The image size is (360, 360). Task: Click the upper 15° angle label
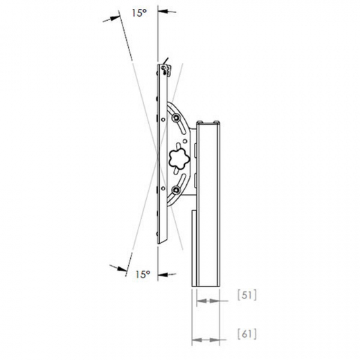(139, 13)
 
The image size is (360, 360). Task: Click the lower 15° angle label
(143, 274)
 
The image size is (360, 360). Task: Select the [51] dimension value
(247, 296)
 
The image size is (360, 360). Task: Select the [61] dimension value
(247, 334)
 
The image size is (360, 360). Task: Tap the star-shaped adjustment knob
(179, 159)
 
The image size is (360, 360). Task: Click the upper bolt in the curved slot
(177, 118)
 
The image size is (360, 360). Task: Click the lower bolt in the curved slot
(177, 190)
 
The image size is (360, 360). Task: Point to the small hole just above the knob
(185, 141)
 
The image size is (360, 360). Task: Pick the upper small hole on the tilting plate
(163, 120)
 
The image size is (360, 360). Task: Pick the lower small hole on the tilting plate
(163, 188)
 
